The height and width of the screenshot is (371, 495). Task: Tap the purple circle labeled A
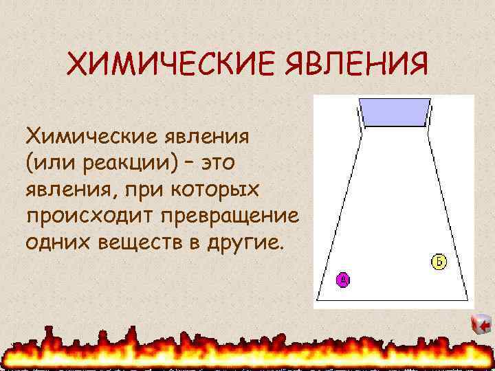click(343, 279)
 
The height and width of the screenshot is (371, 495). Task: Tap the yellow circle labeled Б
click(439, 261)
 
